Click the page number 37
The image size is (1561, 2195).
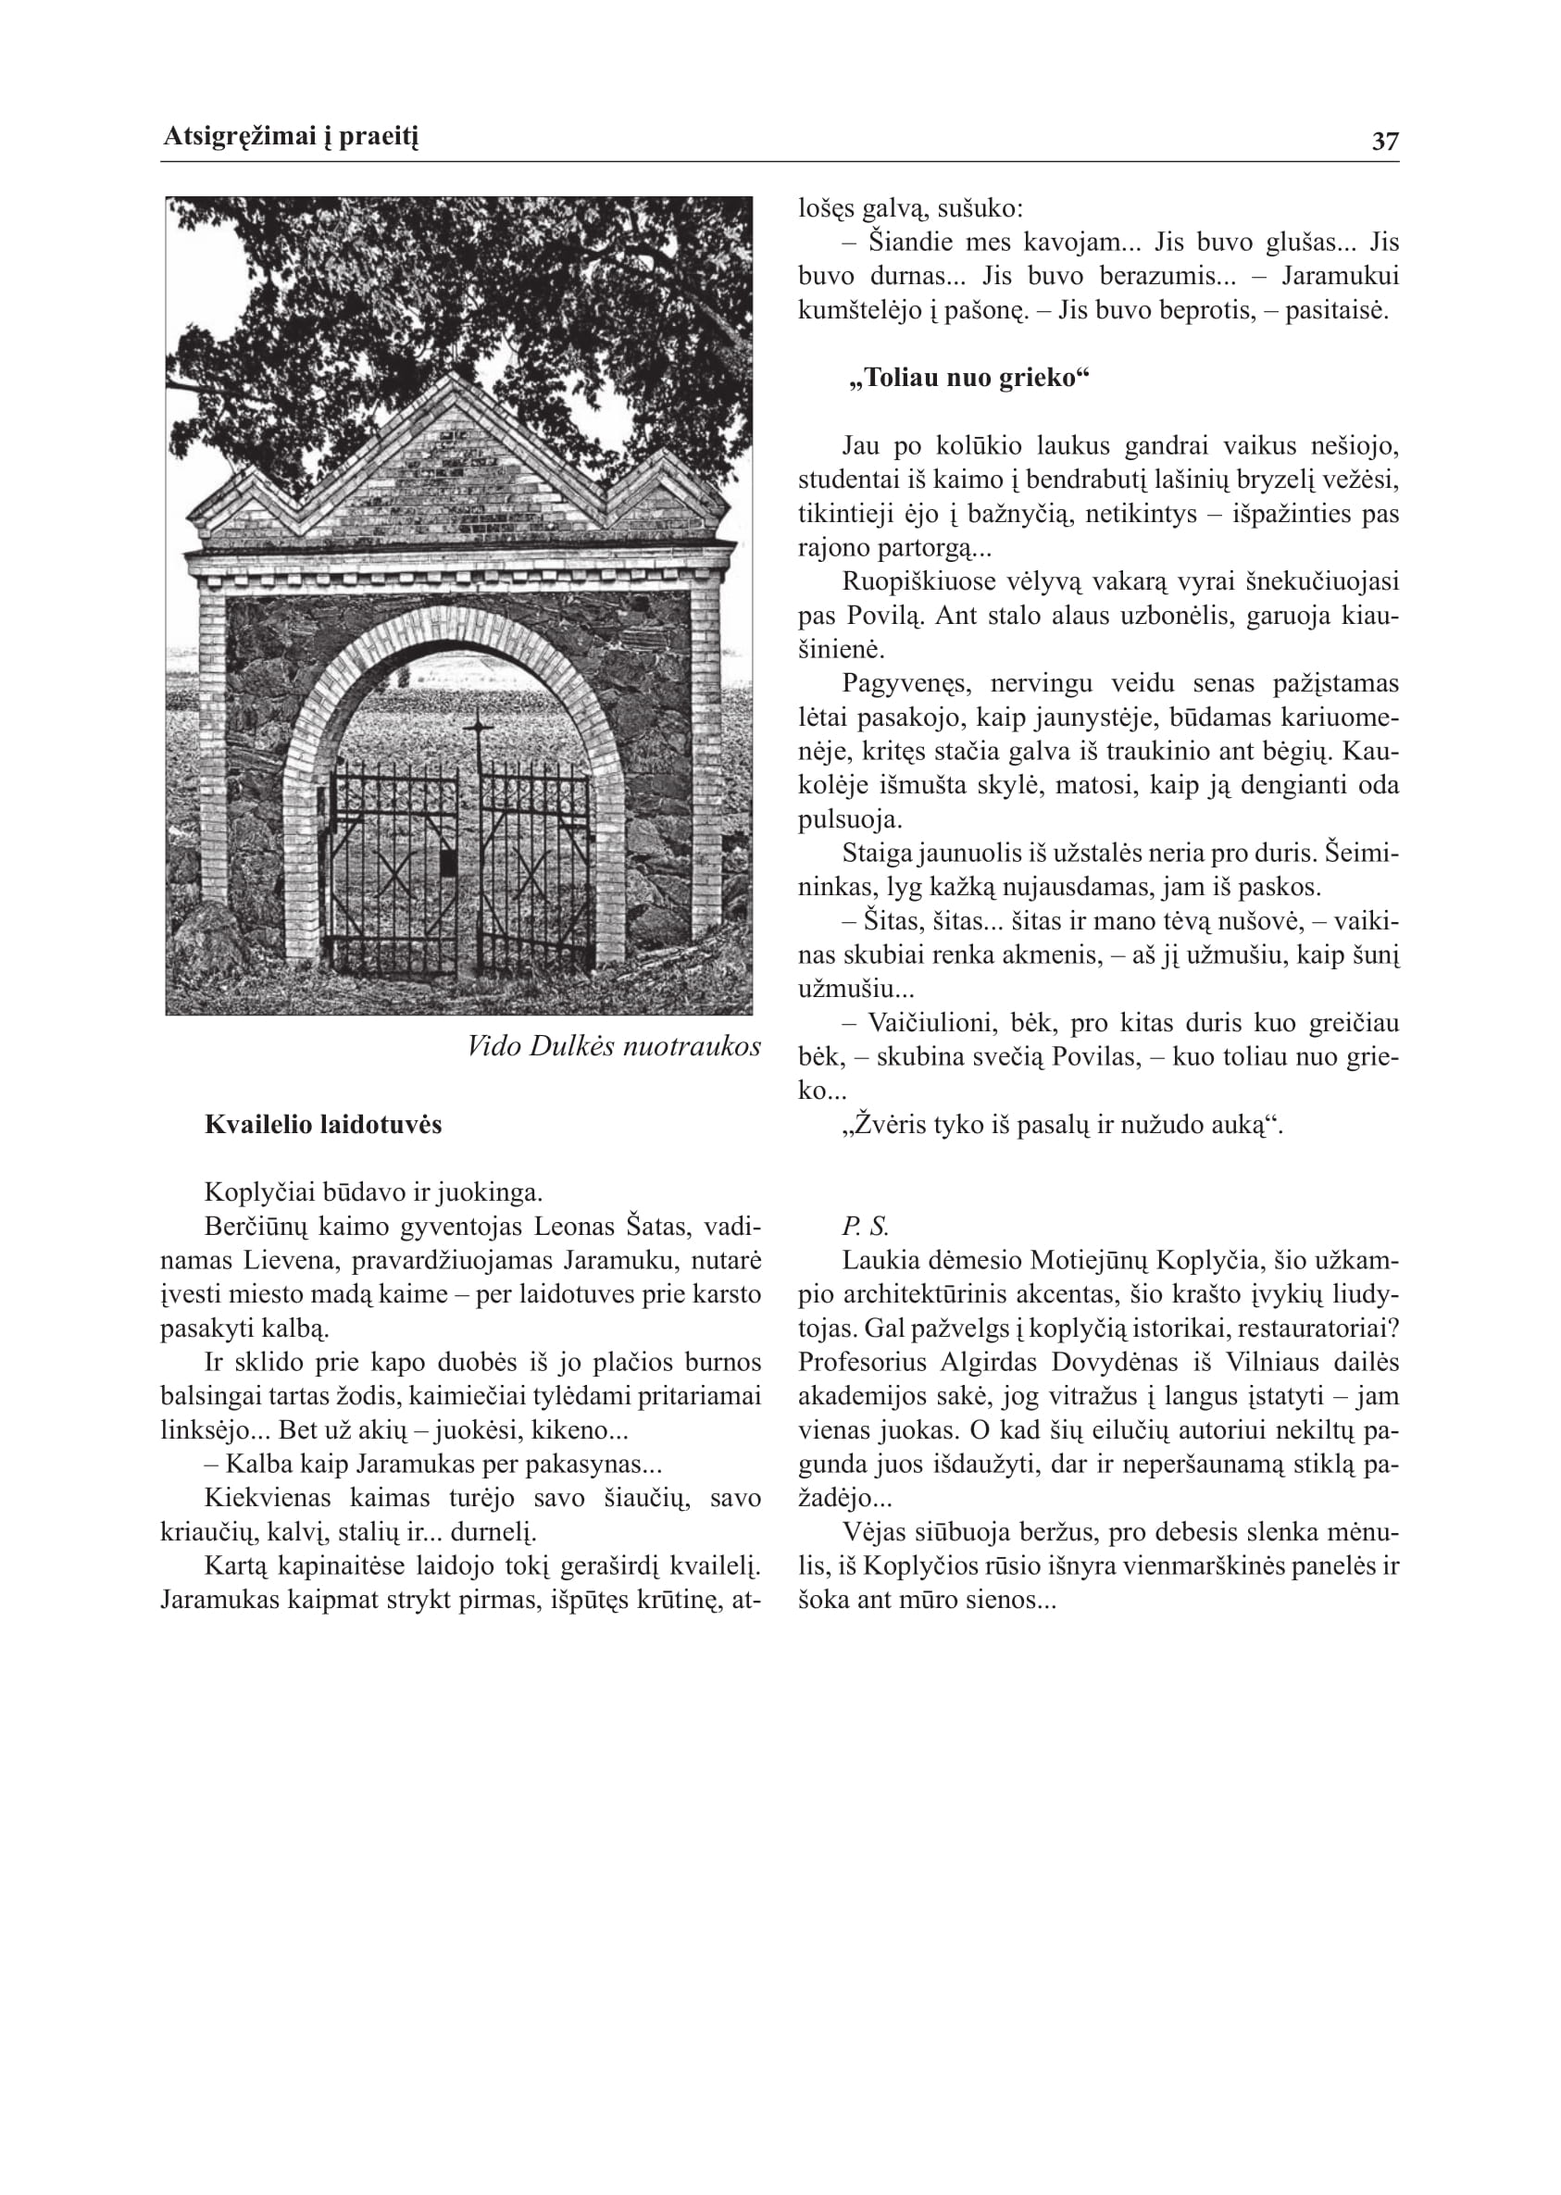pos(1384,142)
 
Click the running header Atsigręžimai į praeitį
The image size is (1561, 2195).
pos(291,137)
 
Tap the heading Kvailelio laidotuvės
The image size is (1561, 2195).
pos(323,1125)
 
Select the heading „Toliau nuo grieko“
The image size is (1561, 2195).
pos(968,378)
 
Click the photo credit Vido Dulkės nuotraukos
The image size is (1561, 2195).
pos(613,1045)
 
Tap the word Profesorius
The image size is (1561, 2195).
pos(865,1363)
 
